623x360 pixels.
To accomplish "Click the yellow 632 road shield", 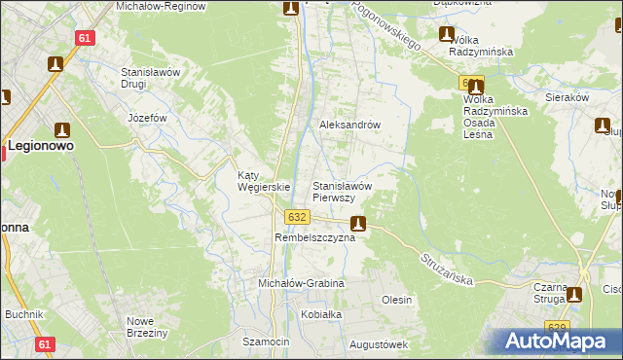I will pos(298,216).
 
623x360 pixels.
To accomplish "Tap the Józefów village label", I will pos(148,118).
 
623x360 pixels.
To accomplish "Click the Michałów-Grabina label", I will pos(301,283).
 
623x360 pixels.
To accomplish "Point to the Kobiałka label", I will pos(322,315).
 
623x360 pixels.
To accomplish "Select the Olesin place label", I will pos(396,300).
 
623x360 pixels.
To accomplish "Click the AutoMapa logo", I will pos(558,341).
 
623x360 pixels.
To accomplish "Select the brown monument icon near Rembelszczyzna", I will pos(358,223).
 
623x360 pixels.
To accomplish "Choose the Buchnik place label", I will pos(24,315).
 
